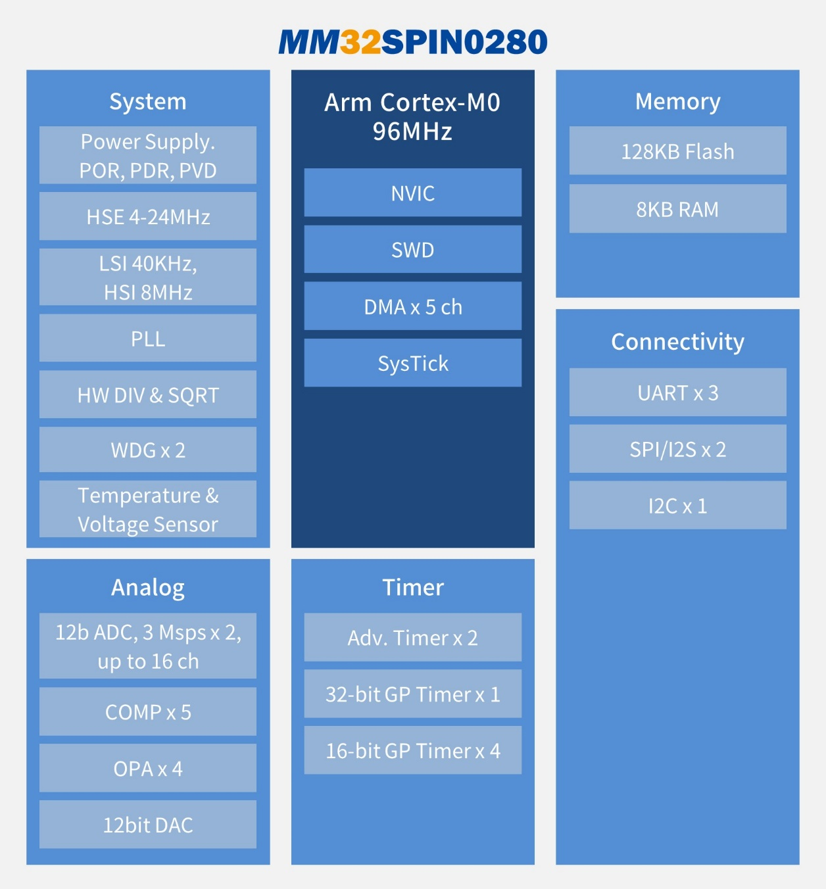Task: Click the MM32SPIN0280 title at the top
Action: tap(413, 42)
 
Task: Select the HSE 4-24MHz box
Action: tap(148, 216)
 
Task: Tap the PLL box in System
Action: tap(148, 338)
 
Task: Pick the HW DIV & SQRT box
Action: tap(148, 395)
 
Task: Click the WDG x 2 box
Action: tap(148, 450)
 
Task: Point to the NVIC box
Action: tap(413, 193)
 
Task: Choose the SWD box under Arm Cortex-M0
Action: tap(413, 249)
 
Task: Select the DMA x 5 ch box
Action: tap(413, 306)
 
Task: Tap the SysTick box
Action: tap(413, 363)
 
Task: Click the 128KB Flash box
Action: tap(677, 151)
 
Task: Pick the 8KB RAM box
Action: tap(677, 208)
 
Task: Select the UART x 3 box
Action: tap(677, 393)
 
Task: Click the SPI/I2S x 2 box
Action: tap(677, 449)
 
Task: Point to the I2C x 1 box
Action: tap(677, 506)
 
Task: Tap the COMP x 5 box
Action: tap(148, 711)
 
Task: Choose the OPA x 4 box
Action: tap(148, 768)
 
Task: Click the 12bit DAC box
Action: tap(148, 825)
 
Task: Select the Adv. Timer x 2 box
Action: tap(413, 638)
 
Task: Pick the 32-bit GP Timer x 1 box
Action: tap(413, 694)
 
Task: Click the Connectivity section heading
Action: tap(677, 341)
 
